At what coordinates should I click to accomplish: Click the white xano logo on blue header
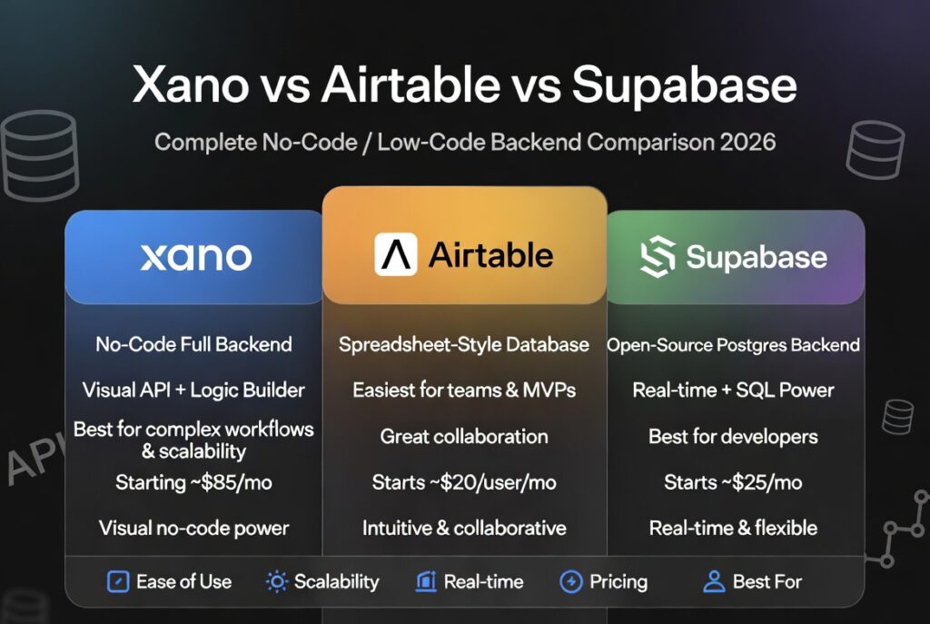point(195,257)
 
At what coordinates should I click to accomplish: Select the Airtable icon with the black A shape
point(396,255)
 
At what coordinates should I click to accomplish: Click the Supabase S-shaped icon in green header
point(658,258)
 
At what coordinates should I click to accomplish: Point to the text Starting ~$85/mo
point(193,482)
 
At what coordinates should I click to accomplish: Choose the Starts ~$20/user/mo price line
point(464,482)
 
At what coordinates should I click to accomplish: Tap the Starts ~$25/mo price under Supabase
point(733,482)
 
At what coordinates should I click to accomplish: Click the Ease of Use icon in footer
point(118,582)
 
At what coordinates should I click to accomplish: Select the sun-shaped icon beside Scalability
point(276,582)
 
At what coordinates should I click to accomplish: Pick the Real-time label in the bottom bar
point(483,582)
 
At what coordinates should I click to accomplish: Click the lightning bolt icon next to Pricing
point(570,582)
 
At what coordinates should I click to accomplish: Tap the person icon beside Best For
point(714,582)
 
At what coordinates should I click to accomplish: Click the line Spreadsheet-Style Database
point(464,345)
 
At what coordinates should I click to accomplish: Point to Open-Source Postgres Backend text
point(733,345)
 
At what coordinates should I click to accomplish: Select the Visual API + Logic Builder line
point(193,391)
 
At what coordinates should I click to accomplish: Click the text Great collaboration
point(464,437)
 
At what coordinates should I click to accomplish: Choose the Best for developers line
point(733,437)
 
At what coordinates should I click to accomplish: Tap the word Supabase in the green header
point(757,258)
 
